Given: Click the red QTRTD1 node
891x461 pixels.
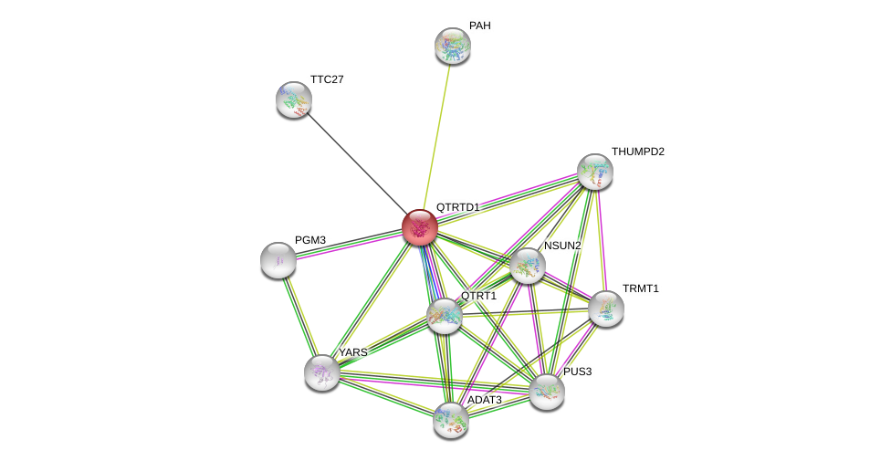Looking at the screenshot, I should pyautogui.click(x=419, y=227).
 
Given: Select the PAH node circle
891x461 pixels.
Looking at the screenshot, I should pyautogui.click(x=452, y=46).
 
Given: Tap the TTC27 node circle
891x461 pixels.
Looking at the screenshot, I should pyautogui.click(x=294, y=100).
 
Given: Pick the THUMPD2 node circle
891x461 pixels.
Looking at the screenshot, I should pyautogui.click(x=594, y=172).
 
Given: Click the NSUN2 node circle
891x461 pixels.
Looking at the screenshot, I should pyautogui.click(x=528, y=266).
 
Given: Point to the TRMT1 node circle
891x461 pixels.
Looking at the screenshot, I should pyautogui.click(x=606, y=309).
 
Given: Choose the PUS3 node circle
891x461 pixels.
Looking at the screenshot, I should pyautogui.click(x=547, y=392).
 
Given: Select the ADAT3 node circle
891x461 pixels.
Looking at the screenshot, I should pyautogui.click(x=450, y=419).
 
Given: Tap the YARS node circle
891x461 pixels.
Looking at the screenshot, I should pyautogui.click(x=322, y=372).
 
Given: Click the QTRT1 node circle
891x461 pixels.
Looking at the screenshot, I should pyautogui.click(x=445, y=316).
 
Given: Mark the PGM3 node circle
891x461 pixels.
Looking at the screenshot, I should pyautogui.click(x=278, y=260).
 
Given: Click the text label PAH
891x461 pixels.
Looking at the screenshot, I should pyautogui.click(x=479, y=26).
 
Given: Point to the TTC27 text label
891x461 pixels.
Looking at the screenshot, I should pyautogui.click(x=327, y=79).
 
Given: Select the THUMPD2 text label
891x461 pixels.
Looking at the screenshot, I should pyautogui.click(x=637, y=152).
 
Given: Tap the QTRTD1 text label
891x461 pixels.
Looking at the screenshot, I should pyautogui.click(x=457, y=207).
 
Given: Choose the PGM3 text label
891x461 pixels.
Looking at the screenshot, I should pyautogui.click(x=310, y=240).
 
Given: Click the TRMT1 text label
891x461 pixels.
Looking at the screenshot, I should pyautogui.click(x=640, y=288).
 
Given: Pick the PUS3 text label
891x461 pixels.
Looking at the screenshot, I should pyautogui.click(x=577, y=372).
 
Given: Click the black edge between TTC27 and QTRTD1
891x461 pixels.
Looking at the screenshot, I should pyautogui.click(x=356, y=162).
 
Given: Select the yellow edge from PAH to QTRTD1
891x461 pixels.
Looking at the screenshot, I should pyautogui.click(x=436, y=133).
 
